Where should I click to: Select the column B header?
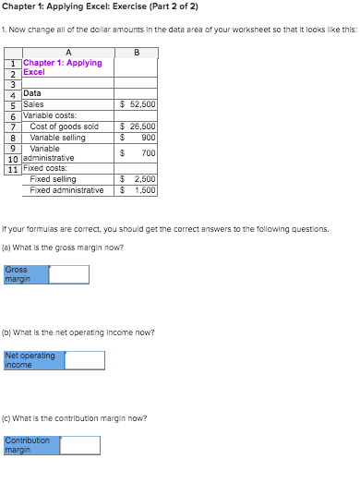click(137, 52)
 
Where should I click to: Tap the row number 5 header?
click(13, 105)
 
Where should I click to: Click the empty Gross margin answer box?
click(69, 274)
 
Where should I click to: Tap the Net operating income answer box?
click(85, 360)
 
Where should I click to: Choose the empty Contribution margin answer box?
click(79, 445)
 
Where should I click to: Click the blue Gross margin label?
click(26, 274)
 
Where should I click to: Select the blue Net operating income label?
click(34, 360)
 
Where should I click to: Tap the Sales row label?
click(33, 105)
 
